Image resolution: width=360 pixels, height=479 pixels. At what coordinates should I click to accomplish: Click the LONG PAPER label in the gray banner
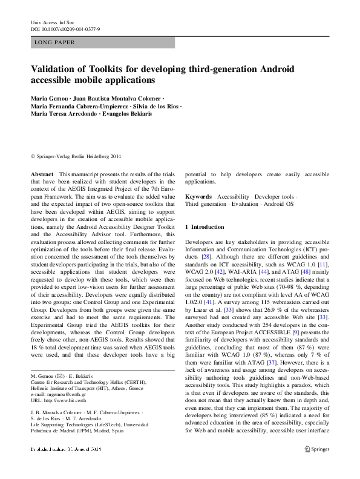(x=55, y=42)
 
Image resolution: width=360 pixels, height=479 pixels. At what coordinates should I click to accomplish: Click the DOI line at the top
(x=65, y=28)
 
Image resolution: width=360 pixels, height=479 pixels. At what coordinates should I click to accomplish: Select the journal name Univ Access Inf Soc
(x=55, y=22)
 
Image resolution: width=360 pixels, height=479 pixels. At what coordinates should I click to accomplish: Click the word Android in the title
(x=286, y=69)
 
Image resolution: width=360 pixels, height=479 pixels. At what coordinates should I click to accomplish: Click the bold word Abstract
(x=42, y=173)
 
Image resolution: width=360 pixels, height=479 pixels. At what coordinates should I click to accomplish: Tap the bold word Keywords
(x=198, y=197)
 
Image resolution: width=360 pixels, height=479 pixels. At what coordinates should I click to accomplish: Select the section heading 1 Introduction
(x=208, y=226)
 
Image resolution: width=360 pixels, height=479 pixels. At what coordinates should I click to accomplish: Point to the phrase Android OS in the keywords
(x=278, y=205)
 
